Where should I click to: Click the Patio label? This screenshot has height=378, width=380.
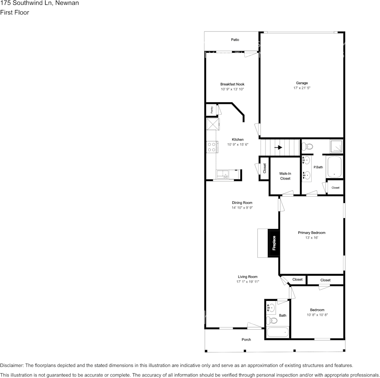tap(235, 40)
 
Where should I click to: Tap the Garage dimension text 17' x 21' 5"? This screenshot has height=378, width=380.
tap(302, 88)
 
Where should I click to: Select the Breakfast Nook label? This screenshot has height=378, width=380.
tap(232, 84)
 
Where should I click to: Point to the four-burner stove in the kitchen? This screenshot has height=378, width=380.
tap(212, 147)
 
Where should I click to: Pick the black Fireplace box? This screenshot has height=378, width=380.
tap(274, 243)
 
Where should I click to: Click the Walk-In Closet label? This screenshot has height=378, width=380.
tap(285, 176)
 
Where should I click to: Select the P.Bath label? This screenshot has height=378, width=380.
tap(318, 167)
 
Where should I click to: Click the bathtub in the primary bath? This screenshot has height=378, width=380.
tap(334, 167)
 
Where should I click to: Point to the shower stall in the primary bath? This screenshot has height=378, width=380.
tap(336, 147)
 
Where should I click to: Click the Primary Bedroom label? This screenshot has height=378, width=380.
tap(311, 233)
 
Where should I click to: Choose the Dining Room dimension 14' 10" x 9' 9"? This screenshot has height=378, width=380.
tap(242, 208)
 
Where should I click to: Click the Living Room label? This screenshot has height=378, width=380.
tap(248, 277)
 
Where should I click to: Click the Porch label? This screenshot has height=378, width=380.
tap(246, 340)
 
